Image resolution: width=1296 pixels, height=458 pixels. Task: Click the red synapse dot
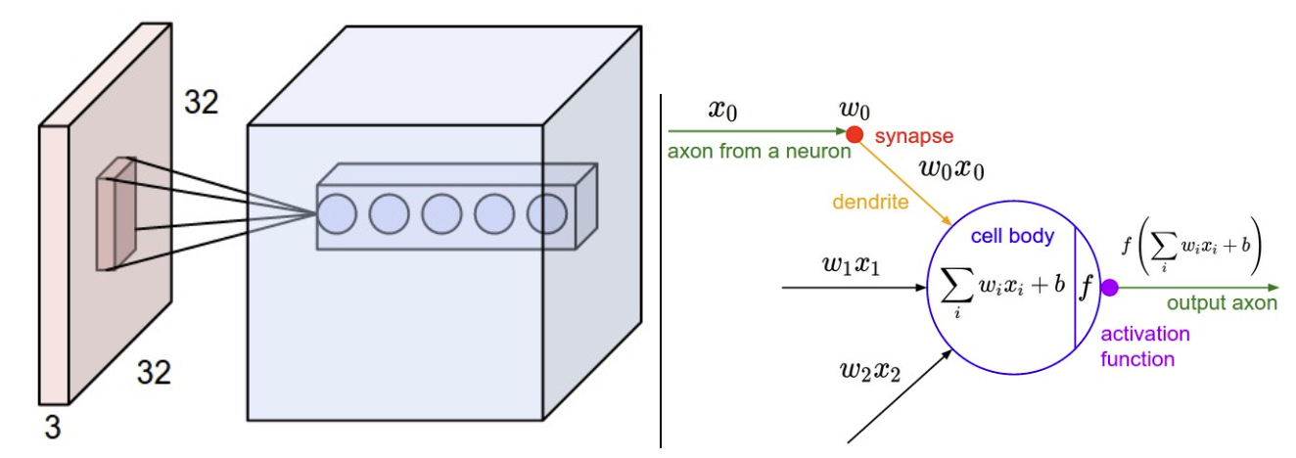tap(854, 133)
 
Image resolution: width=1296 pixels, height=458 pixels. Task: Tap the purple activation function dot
tap(1109, 288)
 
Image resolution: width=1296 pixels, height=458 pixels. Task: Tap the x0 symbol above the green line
tap(723, 110)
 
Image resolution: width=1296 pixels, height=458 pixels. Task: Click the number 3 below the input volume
tap(51, 426)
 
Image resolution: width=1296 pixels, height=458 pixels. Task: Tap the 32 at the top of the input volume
tap(204, 102)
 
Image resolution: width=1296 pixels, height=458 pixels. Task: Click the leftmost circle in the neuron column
tap(338, 213)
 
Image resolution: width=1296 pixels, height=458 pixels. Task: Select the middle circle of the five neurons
tap(441, 213)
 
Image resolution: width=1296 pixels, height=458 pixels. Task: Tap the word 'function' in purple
tap(1136, 359)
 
